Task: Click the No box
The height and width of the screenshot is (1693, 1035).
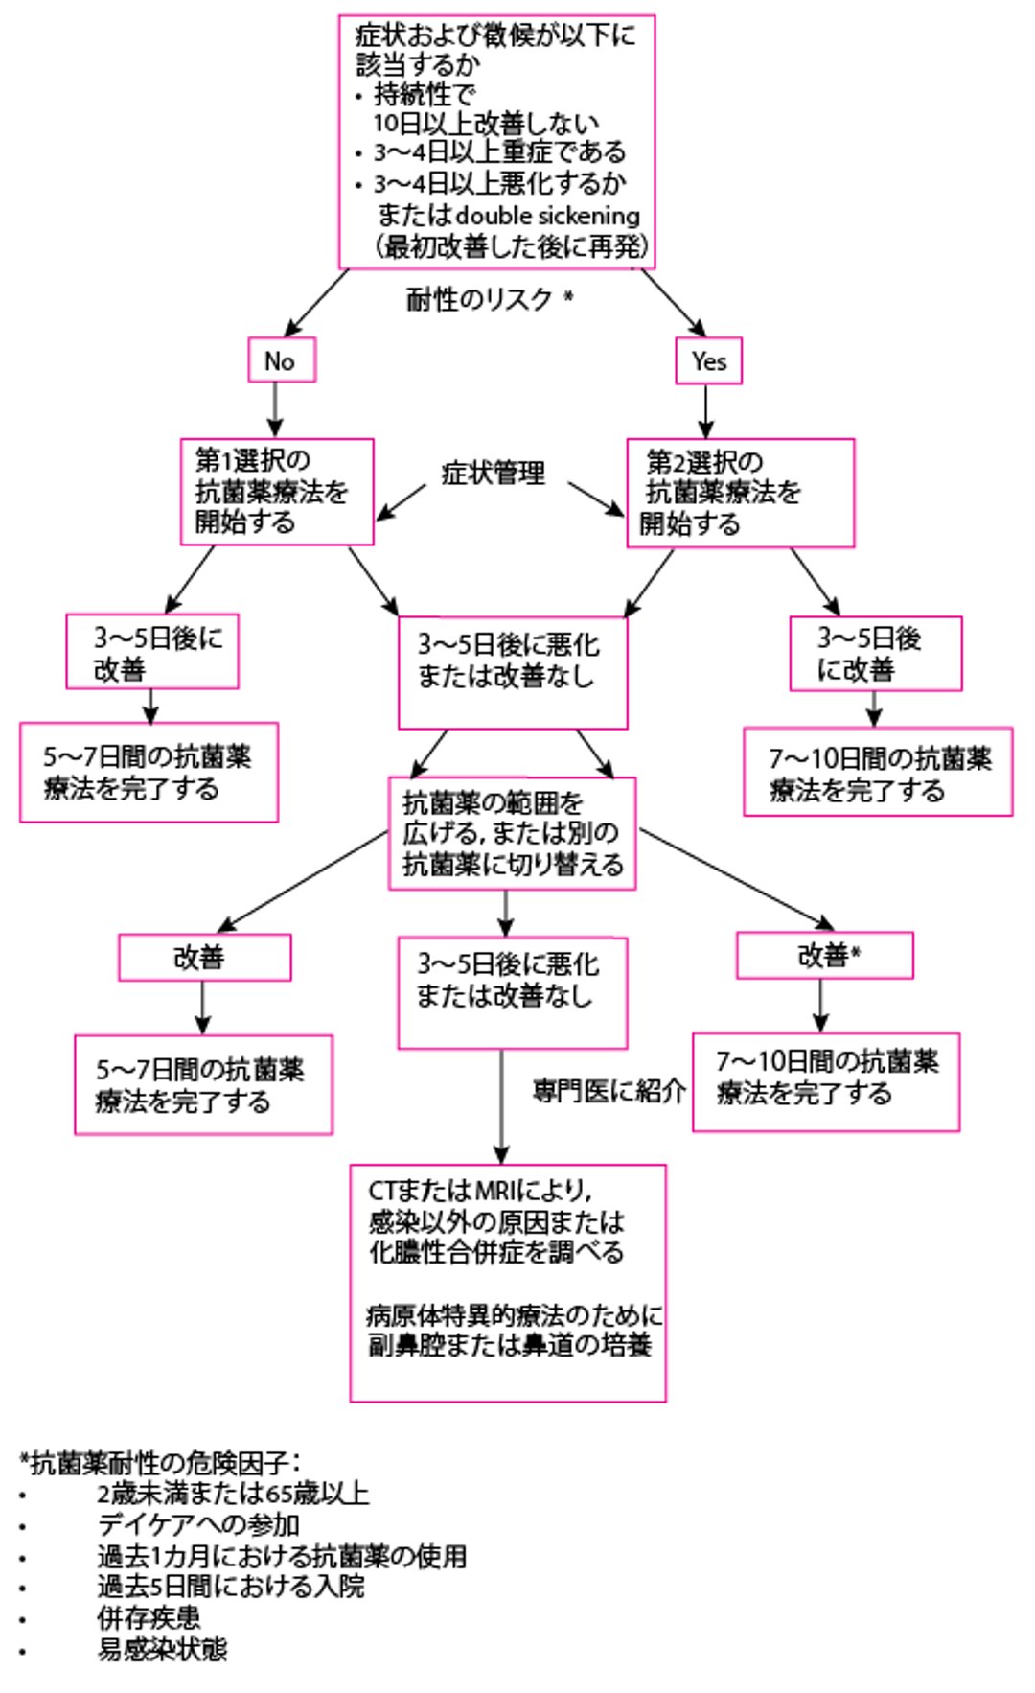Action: pyautogui.click(x=281, y=360)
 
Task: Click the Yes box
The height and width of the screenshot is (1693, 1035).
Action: pyautogui.click(x=708, y=361)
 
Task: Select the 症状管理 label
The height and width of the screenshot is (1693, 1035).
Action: pyautogui.click(x=494, y=473)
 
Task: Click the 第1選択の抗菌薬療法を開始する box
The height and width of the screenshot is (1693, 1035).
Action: pyautogui.click(x=277, y=492)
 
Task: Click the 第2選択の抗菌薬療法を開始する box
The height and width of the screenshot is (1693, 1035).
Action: pyautogui.click(x=740, y=493)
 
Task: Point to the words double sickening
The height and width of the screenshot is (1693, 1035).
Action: pyautogui.click(x=547, y=216)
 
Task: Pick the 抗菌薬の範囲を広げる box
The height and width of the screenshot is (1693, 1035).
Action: pyautogui.click(x=512, y=833)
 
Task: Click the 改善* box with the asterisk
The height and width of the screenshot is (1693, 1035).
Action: pyautogui.click(x=824, y=956)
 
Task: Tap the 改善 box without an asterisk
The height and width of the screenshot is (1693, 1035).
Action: pyautogui.click(x=204, y=958)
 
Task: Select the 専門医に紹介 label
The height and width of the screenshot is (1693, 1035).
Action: pyautogui.click(x=609, y=1091)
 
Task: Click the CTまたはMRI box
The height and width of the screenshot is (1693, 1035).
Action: pyautogui.click(x=507, y=1282)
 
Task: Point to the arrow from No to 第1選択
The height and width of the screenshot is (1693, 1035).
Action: pyautogui.click(x=276, y=409)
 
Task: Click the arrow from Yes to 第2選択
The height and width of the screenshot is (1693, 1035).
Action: pyautogui.click(x=706, y=410)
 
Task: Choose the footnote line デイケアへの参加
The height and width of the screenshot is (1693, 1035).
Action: pyautogui.click(x=199, y=1524)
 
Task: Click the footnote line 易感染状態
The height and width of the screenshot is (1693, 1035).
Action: pyautogui.click(x=163, y=1649)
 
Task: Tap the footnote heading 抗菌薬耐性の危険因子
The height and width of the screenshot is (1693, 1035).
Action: pyautogui.click(x=160, y=1463)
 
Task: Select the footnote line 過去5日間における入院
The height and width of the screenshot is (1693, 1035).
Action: pyautogui.click(x=231, y=1587)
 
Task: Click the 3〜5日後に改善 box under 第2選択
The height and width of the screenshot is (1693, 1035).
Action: pyautogui.click(x=875, y=654)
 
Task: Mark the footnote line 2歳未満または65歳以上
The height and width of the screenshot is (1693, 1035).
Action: pyautogui.click(x=233, y=1494)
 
